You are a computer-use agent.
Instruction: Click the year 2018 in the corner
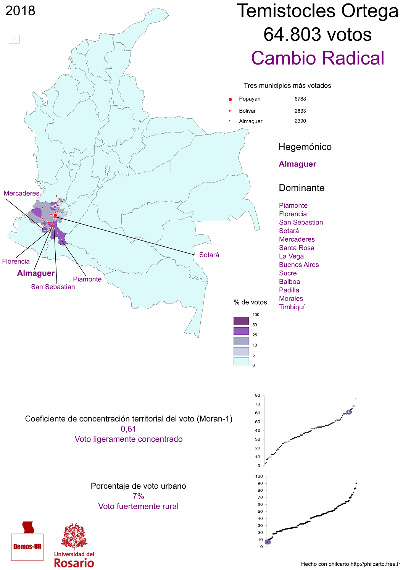(20, 11)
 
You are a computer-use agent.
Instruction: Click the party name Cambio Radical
(318, 58)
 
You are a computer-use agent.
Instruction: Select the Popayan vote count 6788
(300, 99)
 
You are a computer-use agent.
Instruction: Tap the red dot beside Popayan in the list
(230, 99)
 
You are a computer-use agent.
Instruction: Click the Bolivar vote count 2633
(300, 111)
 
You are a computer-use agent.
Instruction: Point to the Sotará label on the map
(209, 255)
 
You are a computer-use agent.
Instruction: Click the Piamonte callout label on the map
(87, 279)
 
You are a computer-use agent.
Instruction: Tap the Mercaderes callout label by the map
(21, 193)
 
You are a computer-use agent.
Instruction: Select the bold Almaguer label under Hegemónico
(297, 164)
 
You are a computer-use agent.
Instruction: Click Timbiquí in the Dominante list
(292, 307)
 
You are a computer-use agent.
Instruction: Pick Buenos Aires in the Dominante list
(299, 265)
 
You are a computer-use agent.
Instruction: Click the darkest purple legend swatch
(241, 321)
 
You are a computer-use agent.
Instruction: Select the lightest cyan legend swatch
(241, 361)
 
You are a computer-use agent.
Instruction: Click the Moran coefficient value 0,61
(129, 429)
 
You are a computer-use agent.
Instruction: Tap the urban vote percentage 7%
(138, 496)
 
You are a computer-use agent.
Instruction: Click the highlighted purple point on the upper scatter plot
(349, 412)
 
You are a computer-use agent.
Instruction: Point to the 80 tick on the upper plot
(258, 396)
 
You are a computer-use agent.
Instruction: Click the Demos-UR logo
(27, 542)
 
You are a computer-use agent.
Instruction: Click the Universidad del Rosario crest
(74, 537)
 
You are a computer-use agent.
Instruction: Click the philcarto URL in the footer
(375, 564)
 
